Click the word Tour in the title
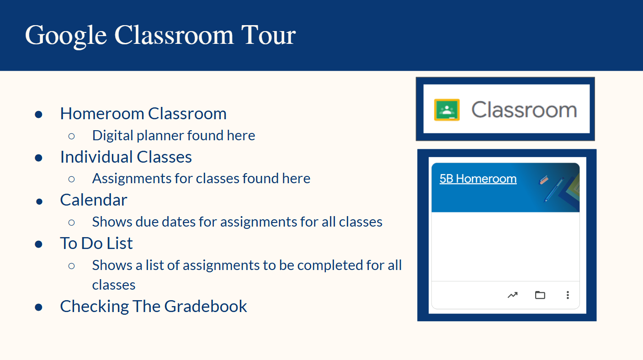click(x=268, y=35)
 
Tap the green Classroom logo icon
click(x=446, y=110)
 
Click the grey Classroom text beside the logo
click(x=524, y=110)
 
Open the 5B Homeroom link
click(x=478, y=179)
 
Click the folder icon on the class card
click(x=540, y=295)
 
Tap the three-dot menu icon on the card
click(x=568, y=295)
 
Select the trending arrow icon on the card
click(x=512, y=295)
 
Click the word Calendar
click(x=94, y=200)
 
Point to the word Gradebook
click(x=206, y=306)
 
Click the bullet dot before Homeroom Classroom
click(x=38, y=115)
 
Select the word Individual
click(x=96, y=157)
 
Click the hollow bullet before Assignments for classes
click(x=71, y=179)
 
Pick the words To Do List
click(x=96, y=243)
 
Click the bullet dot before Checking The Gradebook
click(x=38, y=307)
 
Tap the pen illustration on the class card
click(x=554, y=190)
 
